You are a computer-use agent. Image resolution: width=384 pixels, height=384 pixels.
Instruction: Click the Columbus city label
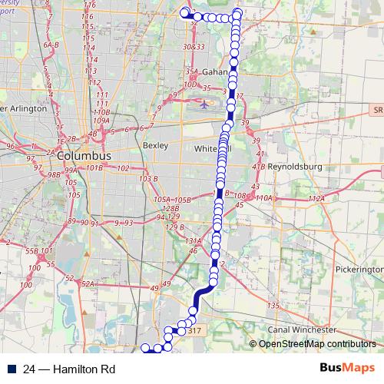83,155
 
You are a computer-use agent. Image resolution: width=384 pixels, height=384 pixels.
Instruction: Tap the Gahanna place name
214,72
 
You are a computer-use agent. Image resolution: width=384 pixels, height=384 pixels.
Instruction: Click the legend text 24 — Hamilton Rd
69,369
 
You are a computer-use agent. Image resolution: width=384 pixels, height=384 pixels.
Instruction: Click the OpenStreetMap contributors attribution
316,344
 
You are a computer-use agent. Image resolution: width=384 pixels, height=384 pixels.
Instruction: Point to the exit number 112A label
317,199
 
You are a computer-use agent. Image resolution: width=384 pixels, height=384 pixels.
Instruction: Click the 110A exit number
264,198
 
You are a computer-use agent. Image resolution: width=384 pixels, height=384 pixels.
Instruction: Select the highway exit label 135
272,306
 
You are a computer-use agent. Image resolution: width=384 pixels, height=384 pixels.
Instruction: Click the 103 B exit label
147,178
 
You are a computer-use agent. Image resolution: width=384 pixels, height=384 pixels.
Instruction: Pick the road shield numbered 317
194,331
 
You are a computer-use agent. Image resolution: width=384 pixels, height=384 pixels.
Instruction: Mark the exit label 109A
101,121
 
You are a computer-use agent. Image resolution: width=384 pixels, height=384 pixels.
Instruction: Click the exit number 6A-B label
51,45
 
